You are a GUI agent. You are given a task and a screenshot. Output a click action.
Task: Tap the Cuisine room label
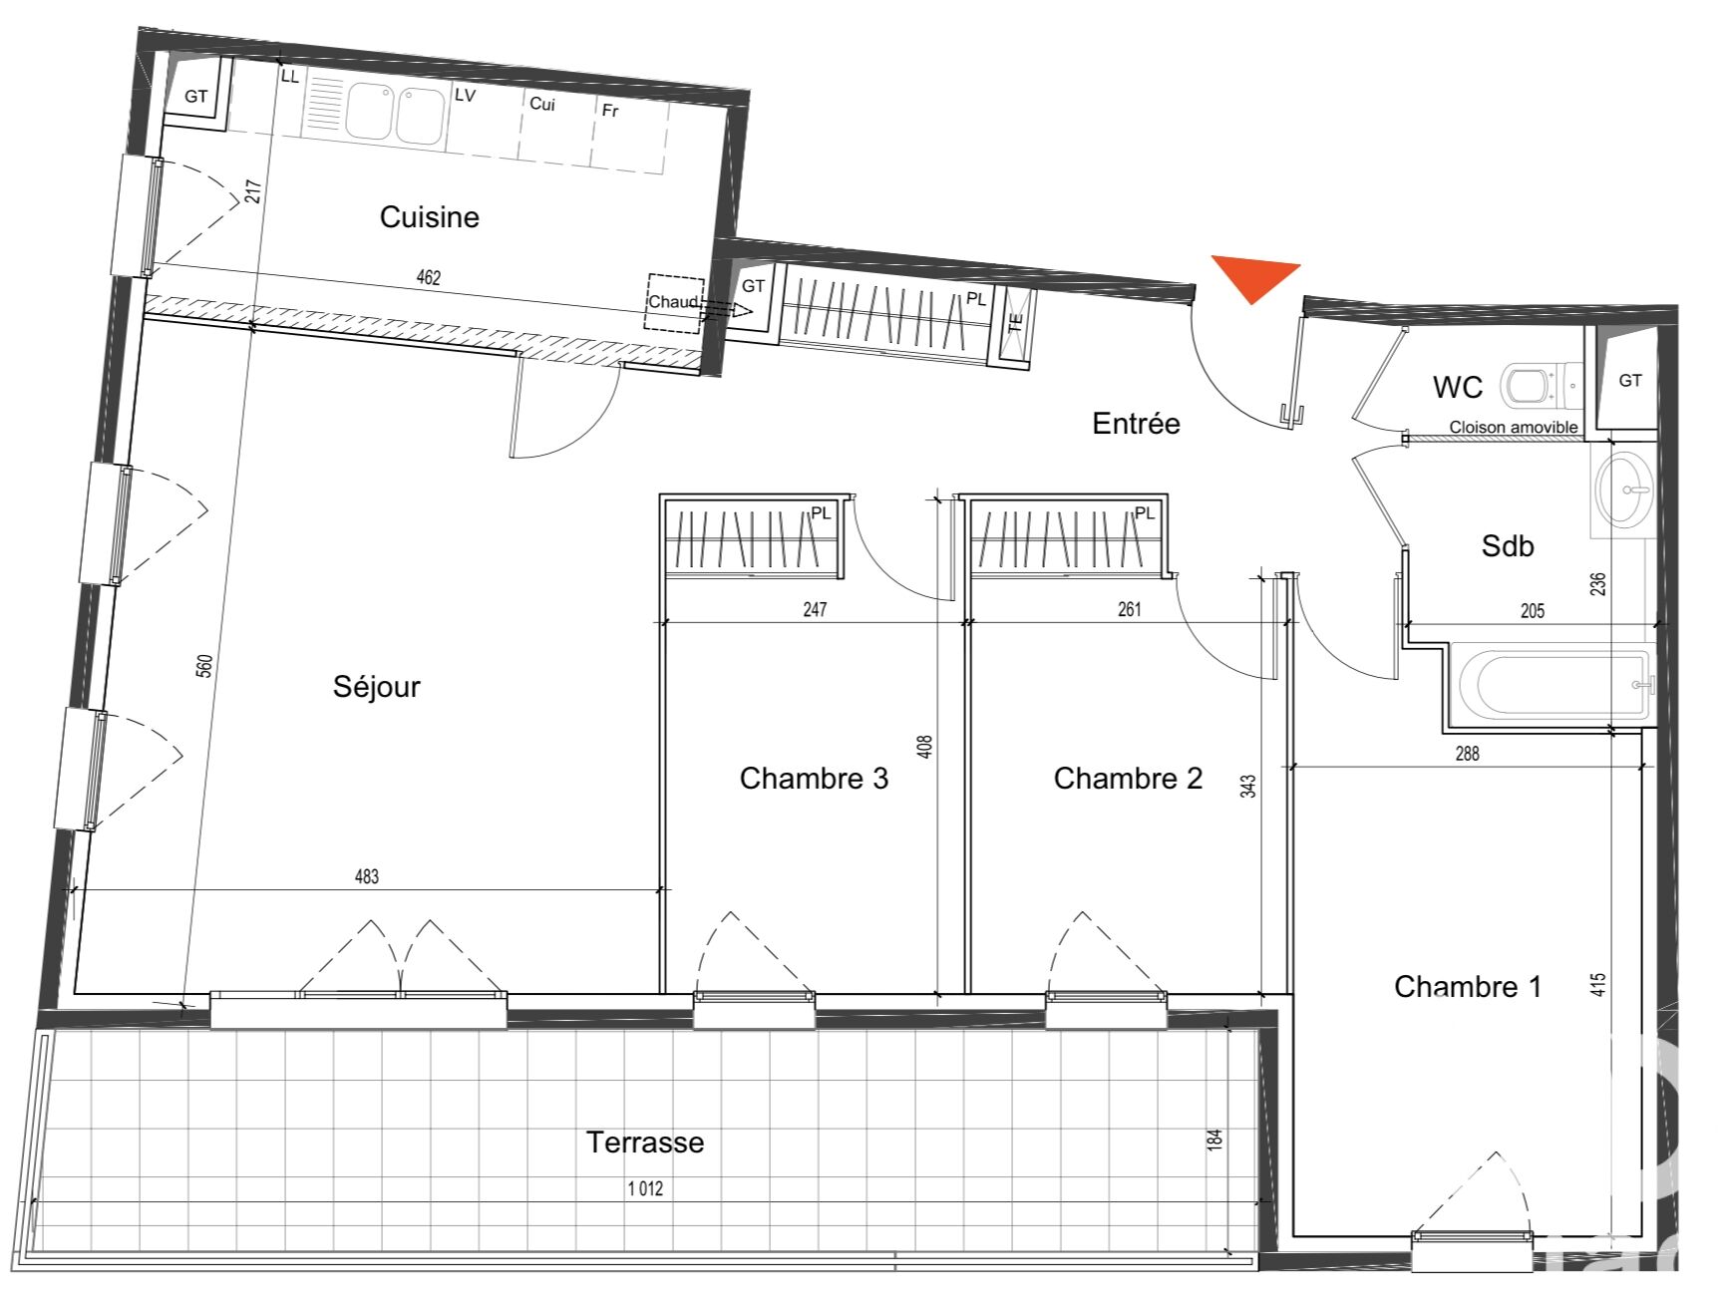tap(429, 216)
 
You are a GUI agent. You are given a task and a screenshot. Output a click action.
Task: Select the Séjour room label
tap(376, 686)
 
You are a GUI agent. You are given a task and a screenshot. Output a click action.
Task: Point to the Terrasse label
tap(644, 1142)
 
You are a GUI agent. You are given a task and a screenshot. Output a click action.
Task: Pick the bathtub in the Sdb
tap(1554, 685)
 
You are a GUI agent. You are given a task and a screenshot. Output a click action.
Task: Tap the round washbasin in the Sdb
tap(1624, 490)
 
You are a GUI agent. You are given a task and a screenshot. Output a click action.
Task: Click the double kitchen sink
tap(395, 114)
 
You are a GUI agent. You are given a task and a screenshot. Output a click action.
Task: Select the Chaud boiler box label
tap(673, 301)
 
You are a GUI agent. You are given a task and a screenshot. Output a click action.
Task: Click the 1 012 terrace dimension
tap(645, 1188)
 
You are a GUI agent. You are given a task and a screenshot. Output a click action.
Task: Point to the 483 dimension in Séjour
tap(367, 876)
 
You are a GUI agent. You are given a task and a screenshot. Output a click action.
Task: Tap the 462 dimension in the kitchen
tap(428, 277)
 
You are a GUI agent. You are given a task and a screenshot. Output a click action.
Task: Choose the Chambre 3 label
tap(814, 778)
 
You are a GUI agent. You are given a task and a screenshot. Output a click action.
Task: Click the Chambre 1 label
tap(1468, 986)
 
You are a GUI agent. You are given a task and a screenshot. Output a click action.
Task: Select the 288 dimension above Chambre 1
tap(1467, 754)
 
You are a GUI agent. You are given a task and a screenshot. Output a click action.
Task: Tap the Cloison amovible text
tap(1514, 427)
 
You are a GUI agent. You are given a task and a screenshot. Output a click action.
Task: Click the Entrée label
tap(1136, 424)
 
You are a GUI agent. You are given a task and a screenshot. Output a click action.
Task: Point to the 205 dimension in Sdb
tap(1533, 611)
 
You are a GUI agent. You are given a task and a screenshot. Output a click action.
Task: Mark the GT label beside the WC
tap(1630, 380)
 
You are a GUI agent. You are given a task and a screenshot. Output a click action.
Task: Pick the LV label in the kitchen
tap(465, 96)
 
